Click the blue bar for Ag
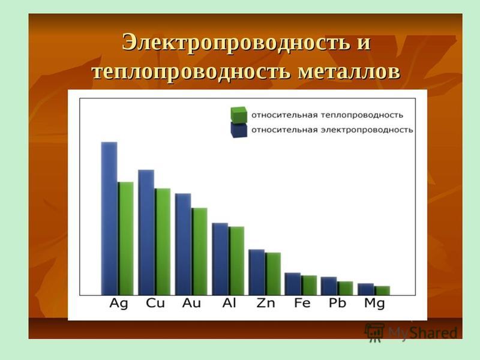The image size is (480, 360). pos(109,218)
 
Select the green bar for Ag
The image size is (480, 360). pos(126,238)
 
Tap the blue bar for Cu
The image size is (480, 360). pos(146,232)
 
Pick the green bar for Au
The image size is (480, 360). pos(200,251)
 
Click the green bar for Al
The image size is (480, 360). pos(236,261)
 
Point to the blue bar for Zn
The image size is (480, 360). pos(257,272)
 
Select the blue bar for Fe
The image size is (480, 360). pos(293,284)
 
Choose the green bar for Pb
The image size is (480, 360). pos(346,289)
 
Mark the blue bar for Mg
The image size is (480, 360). pos(366,289)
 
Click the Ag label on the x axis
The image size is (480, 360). pos(118,304)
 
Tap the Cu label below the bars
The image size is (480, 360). pos(155,303)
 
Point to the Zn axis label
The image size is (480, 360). pos(266,303)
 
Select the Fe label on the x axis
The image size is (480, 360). pos(302,303)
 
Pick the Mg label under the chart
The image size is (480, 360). pos(374,304)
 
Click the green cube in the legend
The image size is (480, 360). pos(239,115)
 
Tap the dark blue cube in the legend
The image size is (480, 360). pos(239,130)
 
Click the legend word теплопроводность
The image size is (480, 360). pos(362,115)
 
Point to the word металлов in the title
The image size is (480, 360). pos(349,72)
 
